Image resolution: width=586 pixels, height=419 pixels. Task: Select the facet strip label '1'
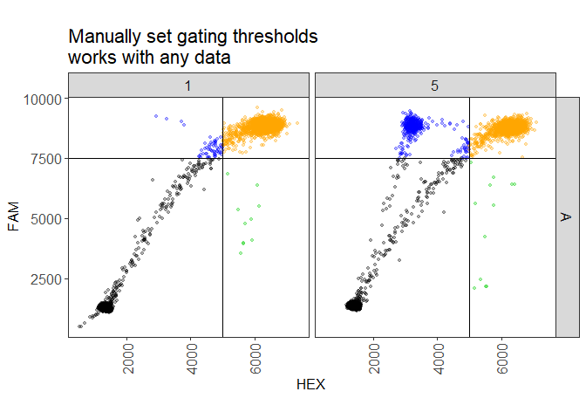[188, 86]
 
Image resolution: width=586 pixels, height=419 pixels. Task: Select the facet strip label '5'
[434, 86]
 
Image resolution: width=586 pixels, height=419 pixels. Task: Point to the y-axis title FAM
[13, 216]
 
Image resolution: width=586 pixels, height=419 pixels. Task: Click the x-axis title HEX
[311, 385]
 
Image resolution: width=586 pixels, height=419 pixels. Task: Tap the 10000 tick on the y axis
[42, 99]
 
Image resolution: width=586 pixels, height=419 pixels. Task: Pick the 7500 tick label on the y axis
[45, 159]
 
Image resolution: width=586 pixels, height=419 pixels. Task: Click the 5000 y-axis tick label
[45, 218]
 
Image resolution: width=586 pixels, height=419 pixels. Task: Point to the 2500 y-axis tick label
[45, 278]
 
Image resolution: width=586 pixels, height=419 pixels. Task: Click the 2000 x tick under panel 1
[128, 356]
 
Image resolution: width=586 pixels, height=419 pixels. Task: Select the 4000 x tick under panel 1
[192, 356]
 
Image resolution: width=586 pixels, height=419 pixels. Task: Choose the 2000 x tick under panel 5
[374, 356]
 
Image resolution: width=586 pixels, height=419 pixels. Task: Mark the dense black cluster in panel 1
[106, 306]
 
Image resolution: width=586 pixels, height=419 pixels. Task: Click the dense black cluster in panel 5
[354, 305]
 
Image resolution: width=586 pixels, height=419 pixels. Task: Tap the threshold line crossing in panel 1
[223, 158]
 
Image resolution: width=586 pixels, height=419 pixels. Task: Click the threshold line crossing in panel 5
[470, 158]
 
